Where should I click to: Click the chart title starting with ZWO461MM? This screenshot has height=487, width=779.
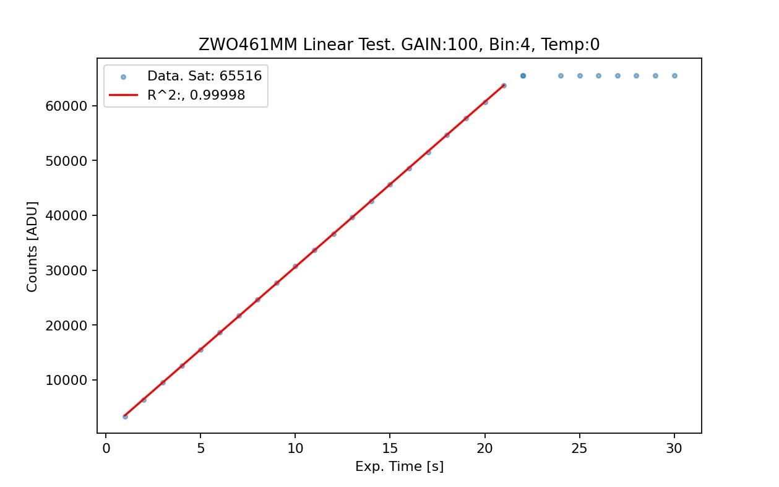tap(399, 45)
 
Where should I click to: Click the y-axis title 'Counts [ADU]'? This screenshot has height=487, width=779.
tap(32, 246)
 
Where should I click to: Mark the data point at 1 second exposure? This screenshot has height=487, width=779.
tap(125, 416)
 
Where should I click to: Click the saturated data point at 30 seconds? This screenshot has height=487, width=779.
tap(674, 75)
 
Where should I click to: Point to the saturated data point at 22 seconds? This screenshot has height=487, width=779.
tap(523, 75)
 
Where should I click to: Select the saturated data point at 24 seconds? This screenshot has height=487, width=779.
tap(561, 75)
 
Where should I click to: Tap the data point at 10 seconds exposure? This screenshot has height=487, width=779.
tap(295, 266)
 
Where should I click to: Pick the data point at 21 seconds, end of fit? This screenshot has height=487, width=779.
tap(504, 85)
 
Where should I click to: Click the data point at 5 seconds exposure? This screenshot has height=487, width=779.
tap(200, 350)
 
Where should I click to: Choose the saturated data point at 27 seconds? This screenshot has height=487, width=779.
tap(618, 75)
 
